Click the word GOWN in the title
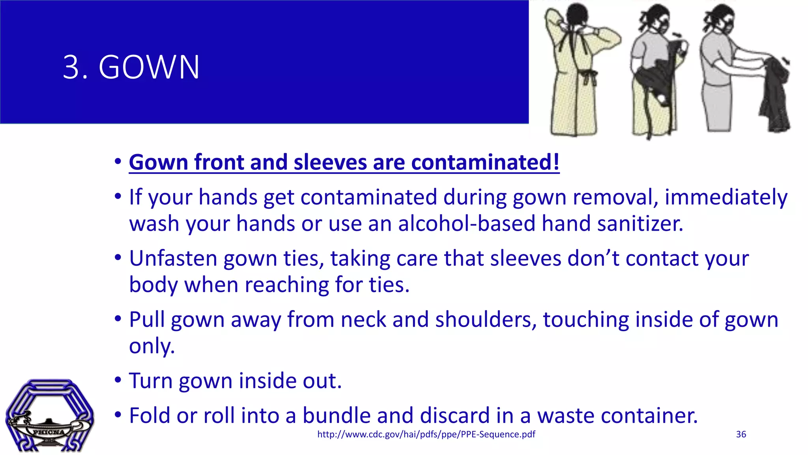pyautogui.click(x=149, y=67)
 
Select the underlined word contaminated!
pyautogui.click(x=485, y=162)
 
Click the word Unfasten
pyautogui.click(x=173, y=258)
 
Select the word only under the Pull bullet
pyautogui.click(x=151, y=346)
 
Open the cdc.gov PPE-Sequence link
pyautogui.click(x=426, y=434)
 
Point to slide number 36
pyautogui.click(x=741, y=434)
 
